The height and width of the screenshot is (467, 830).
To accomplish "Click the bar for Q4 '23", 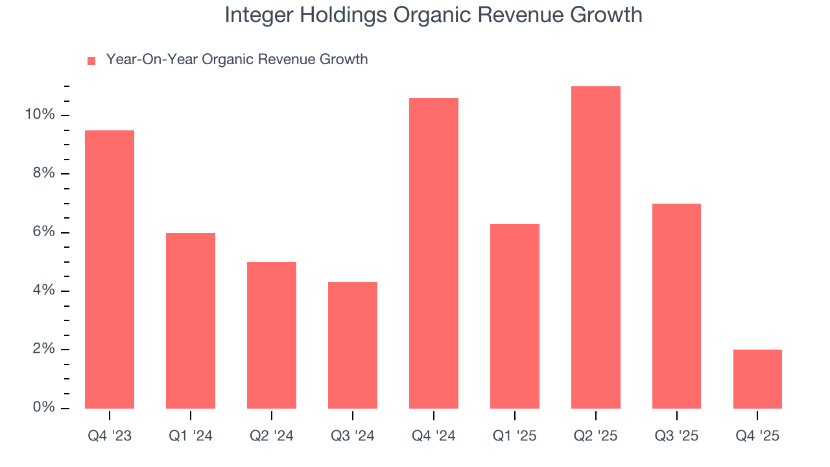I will click(x=110, y=269).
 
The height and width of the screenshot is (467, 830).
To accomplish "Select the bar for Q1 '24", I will click(x=191, y=320).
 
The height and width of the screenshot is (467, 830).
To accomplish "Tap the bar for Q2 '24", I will click(x=272, y=335).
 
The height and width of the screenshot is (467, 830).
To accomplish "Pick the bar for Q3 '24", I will click(x=353, y=345).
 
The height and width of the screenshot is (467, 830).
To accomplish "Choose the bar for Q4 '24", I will click(x=434, y=253).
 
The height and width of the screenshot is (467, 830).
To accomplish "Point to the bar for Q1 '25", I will click(x=515, y=316).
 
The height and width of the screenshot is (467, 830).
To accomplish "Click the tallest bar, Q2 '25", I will click(x=596, y=247).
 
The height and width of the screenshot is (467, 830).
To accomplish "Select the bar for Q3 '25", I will click(x=676, y=306).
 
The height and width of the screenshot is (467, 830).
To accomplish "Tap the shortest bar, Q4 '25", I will click(x=757, y=379).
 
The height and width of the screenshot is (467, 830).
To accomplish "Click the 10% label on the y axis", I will click(x=40, y=115).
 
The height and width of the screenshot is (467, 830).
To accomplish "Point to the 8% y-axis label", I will click(x=43, y=174).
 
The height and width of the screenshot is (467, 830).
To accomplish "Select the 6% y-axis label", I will click(x=43, y=232).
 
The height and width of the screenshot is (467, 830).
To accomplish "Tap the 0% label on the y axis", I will click(x=43, y=407).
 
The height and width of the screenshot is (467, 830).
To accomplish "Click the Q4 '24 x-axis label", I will click(x=434, y=436).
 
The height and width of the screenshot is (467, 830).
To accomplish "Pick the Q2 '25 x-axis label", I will click(x=596, y=436).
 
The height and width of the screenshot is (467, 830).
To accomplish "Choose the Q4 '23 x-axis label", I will click(x=110, y=436).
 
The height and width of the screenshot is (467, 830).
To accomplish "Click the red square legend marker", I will click(x=91, y=60).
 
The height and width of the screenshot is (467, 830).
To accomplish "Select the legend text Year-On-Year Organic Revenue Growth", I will click(x=237, y=60).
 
